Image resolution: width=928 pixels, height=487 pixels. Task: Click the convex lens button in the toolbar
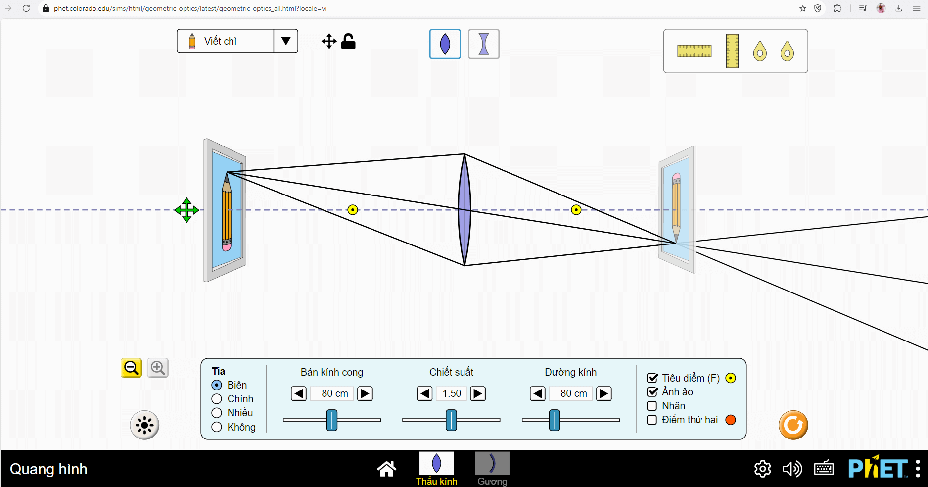445,44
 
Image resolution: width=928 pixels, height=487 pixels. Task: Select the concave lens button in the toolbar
483,44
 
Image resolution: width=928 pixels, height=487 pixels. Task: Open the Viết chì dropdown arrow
286,41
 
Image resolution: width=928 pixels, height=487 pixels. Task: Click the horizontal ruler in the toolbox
694,51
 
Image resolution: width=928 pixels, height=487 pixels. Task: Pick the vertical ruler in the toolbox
732,51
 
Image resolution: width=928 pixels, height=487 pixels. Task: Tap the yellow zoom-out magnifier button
131,368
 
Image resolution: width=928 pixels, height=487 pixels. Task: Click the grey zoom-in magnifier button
158,368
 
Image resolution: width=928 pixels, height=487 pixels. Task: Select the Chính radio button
217,399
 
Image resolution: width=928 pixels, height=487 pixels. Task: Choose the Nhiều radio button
217,413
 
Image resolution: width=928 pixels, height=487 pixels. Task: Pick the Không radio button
217,427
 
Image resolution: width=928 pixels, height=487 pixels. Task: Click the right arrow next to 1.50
478,393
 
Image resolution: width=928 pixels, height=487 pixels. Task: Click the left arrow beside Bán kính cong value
299,393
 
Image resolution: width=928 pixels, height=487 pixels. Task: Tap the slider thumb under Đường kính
555,420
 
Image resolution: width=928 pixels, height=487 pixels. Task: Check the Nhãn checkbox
652,406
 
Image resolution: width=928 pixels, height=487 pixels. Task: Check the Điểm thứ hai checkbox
652,420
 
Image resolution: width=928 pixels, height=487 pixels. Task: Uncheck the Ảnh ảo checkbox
652,392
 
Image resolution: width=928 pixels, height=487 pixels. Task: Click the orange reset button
793,425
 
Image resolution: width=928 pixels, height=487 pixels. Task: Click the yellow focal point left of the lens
353,210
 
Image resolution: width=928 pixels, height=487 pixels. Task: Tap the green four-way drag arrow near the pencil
186,210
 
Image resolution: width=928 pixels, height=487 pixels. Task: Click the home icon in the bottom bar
386,468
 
